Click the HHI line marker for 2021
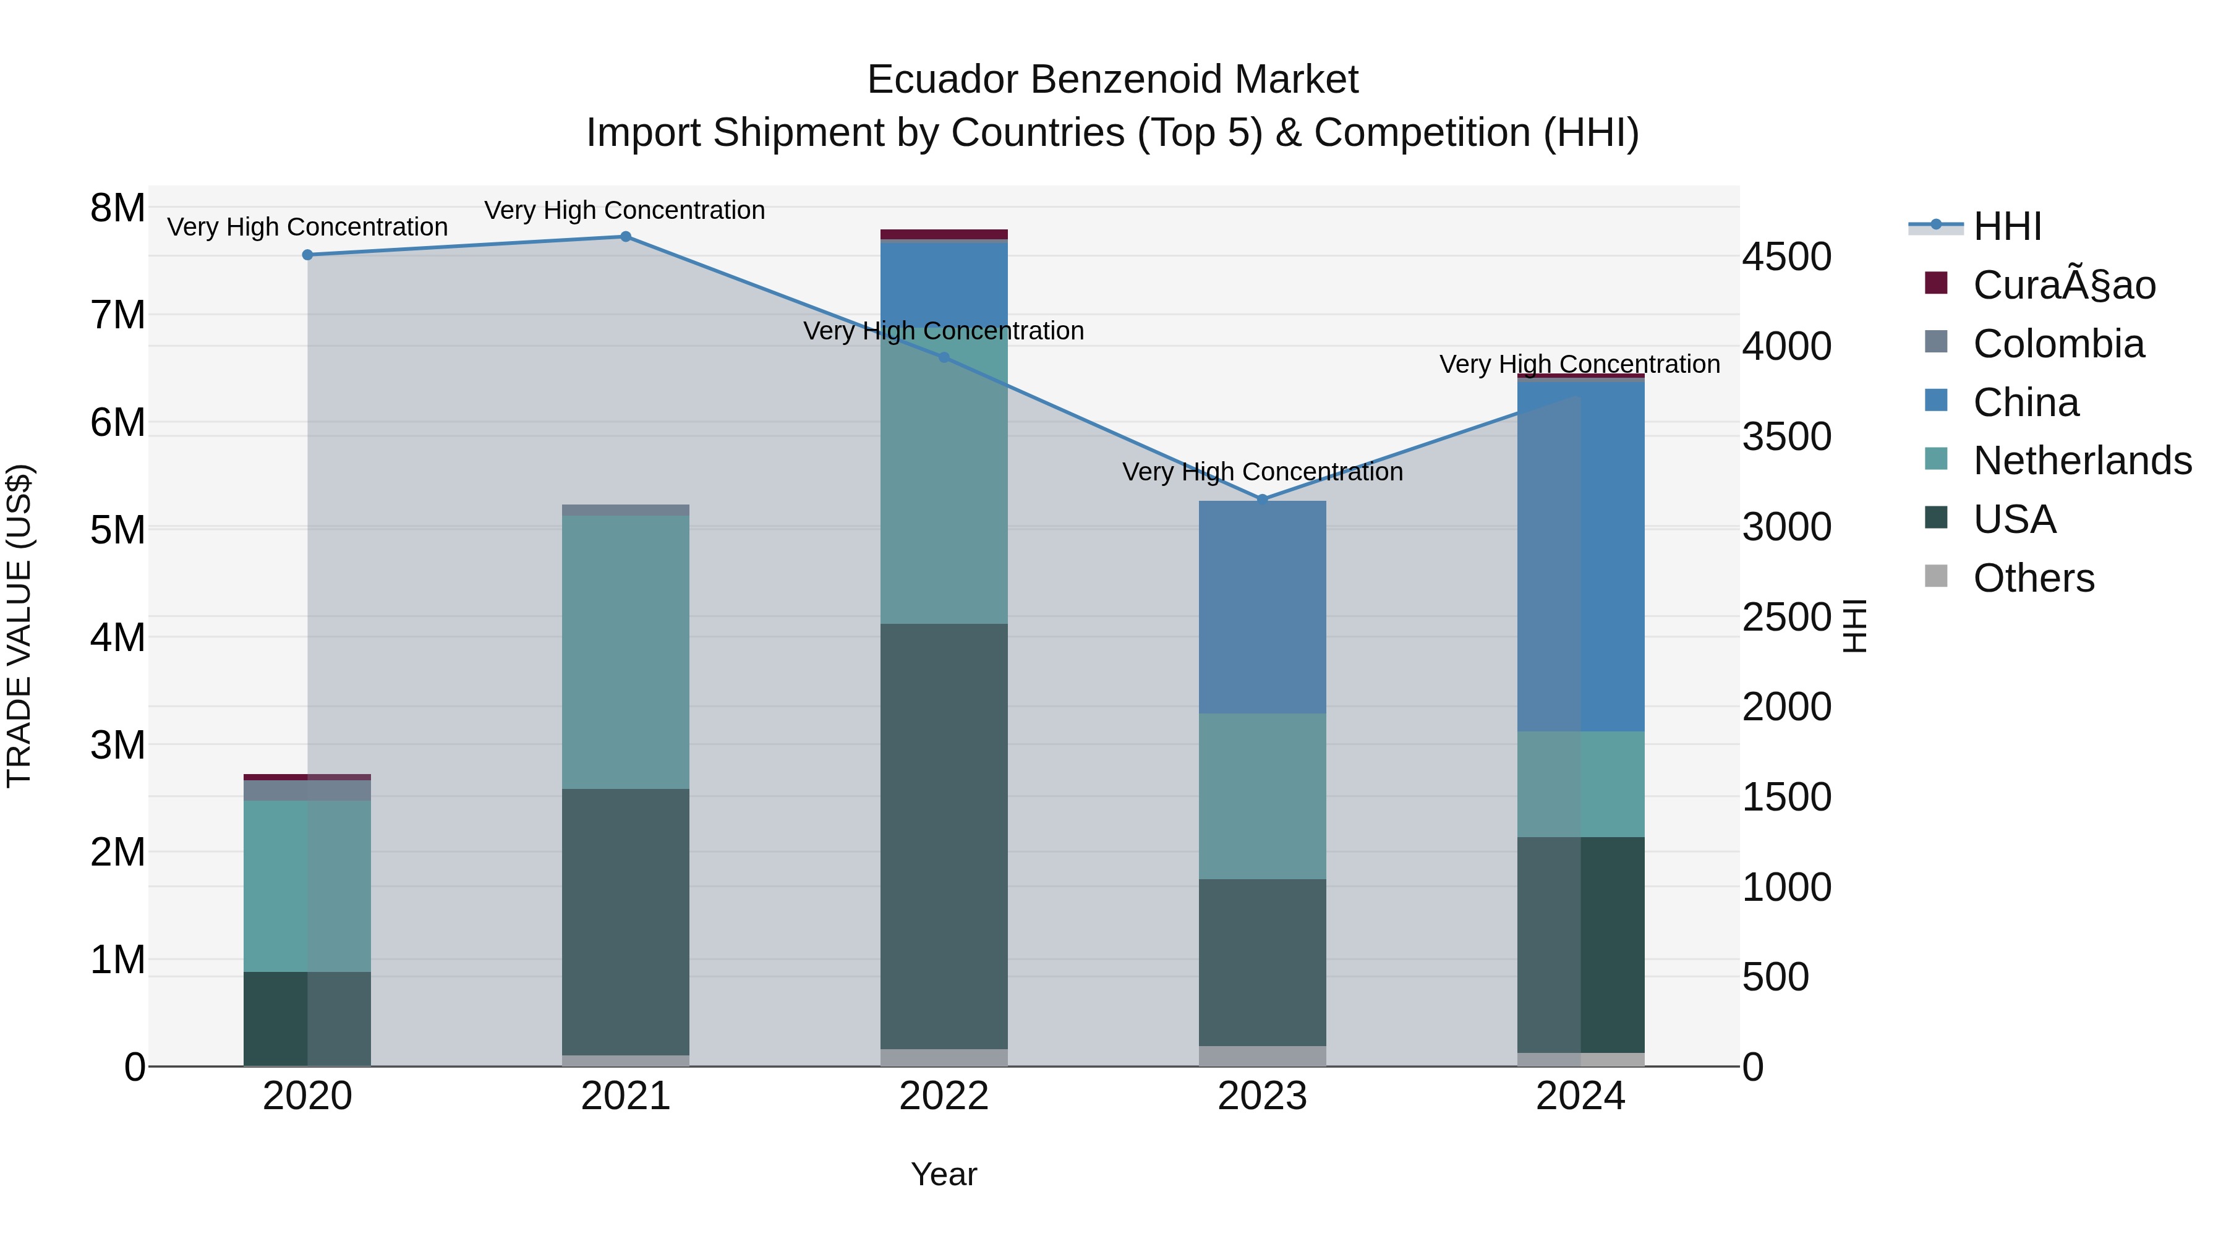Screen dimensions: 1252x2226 (x=626, y=236)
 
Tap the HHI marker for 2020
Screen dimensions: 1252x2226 (x=308, y=255)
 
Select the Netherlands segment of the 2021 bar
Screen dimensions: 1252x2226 (x=626, y=652)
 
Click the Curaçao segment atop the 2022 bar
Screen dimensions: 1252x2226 (x=944, y=234)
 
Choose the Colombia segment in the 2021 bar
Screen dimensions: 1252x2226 (x=626, y=510)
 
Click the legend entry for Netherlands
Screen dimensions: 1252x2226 (x=2083, y=461)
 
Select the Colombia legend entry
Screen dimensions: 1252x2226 (x=2058, y=344)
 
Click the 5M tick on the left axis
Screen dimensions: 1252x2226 (x=117, y=530)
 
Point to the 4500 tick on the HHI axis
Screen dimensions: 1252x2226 (x=1786, y=257)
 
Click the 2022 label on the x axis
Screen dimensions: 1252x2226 (x=944, y=1096)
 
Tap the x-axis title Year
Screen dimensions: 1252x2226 (x=944, y=1174)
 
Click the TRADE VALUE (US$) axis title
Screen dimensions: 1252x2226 (x=19, y=626)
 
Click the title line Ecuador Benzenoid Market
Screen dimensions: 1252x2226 (x=1112, y=80)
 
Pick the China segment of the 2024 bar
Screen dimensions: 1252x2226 (x=1580, y=555)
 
